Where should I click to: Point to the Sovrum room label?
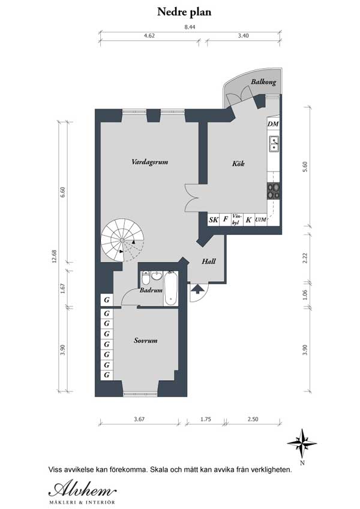[x=146, y=341]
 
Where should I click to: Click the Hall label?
[x=209, y=261]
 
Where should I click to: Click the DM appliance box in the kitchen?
[x=274, y=124]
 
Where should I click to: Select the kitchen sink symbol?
[x=274, y=144]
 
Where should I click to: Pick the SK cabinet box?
[x=213, y=220]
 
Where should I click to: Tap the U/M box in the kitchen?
[x=260, y=220]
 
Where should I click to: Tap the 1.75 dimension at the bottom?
[x=206, y=420]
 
